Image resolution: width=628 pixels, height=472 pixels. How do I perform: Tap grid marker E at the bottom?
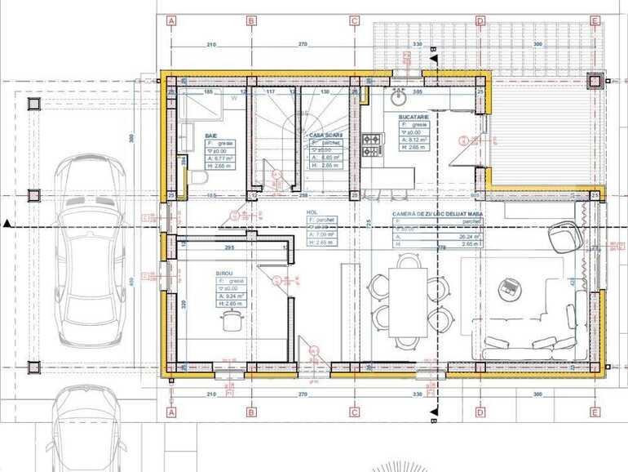[595, 412]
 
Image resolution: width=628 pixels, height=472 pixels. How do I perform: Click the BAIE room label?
[211, 136]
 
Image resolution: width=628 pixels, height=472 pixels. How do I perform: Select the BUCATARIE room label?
[414, 118]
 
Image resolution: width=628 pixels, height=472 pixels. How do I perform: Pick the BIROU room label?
[224, 274]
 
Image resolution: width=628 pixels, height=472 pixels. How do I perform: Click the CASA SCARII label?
[325, 135]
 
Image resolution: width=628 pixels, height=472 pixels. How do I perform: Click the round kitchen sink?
[398, 98]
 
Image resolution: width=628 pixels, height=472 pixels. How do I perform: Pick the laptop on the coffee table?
[511, 287]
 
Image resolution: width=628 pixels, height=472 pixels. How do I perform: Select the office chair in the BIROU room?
[231, 322]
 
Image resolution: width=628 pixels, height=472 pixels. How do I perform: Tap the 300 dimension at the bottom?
[537, 394]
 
